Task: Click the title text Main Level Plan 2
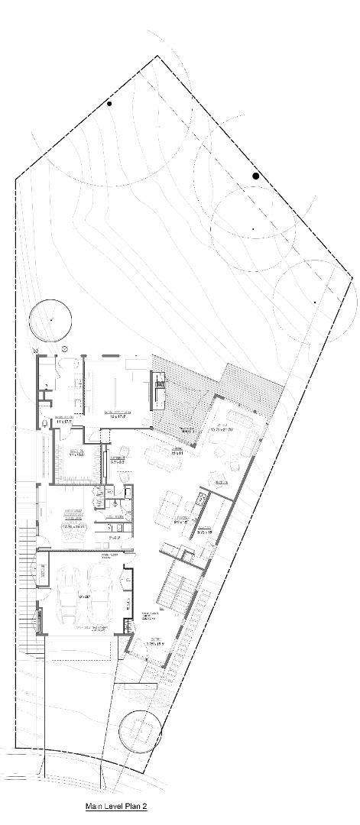pyautogui.click(x=115, y=806)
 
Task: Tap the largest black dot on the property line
pyautogui.click(x=256, y=176)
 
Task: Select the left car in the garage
pyautogui.click(x=67, y=593)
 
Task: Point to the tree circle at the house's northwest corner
pyautogui.click(x=50, y=319)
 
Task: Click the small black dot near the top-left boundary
pyautogui.click(x=109, y=103)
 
